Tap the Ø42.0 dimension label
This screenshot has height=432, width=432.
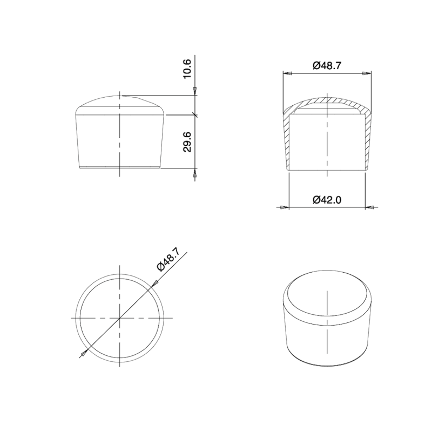pos(327,200)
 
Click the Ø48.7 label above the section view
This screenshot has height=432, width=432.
pos(327,65)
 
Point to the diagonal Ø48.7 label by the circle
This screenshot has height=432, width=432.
pos(167,260)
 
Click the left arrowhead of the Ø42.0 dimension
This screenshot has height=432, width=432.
pos(285,207)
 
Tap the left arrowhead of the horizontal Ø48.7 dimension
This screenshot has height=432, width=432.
pos(287,73)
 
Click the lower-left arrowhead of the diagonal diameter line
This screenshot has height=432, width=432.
pos(83,354)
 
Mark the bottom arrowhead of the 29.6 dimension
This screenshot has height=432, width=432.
pos(195,173)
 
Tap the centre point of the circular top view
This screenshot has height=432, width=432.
pos(119,318)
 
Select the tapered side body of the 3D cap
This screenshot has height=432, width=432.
pos(328,340)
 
